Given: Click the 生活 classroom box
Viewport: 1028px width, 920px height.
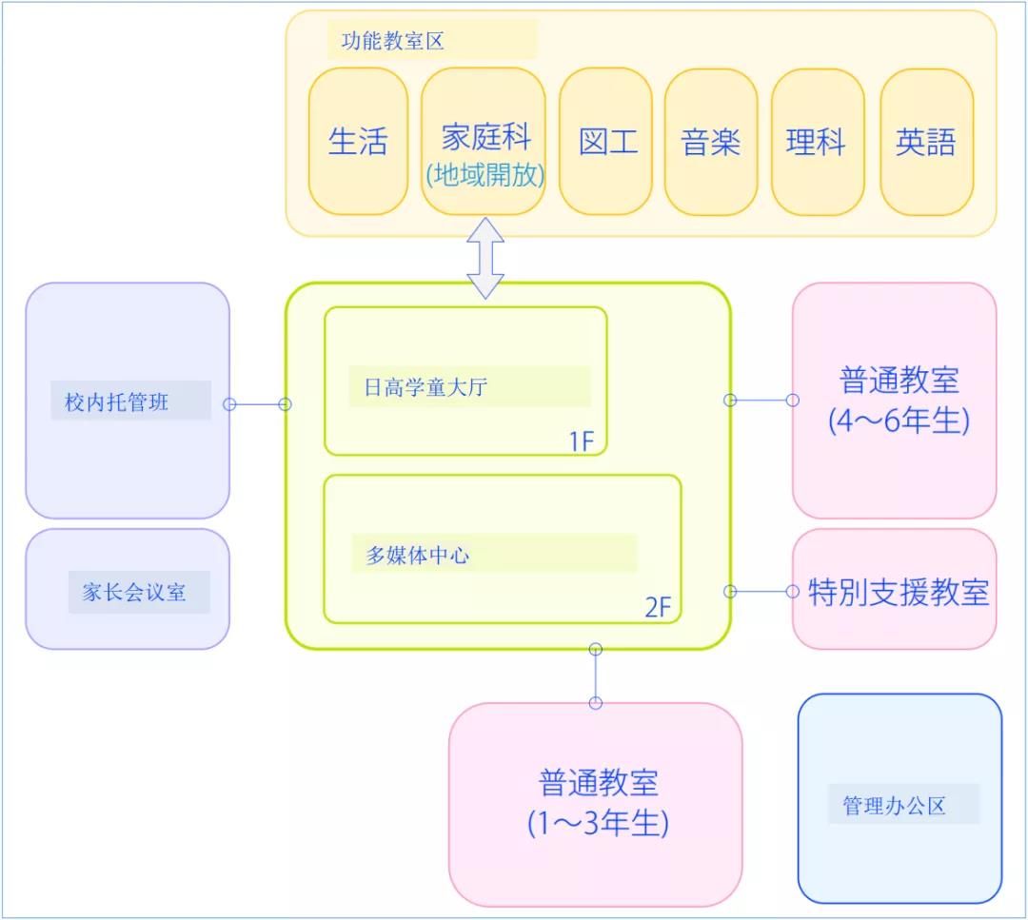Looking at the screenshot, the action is (x=358, y=141).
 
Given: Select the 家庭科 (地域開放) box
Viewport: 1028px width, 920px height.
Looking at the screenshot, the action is (x=484, y=141).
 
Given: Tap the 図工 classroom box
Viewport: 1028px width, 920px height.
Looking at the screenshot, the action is (x=605, y=141).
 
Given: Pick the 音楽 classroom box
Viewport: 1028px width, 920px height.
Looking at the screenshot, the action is (x=711, y=142).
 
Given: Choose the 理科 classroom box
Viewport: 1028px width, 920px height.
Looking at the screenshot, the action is (x=818, y=142).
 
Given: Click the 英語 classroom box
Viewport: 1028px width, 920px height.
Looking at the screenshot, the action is (x=926, y=142).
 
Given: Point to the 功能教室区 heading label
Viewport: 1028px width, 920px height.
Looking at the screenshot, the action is (x=393, y=41).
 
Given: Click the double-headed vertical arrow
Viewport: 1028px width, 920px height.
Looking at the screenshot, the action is (x=485, y=258).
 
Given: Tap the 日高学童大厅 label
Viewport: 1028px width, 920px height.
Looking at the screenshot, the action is (x=426, y=386).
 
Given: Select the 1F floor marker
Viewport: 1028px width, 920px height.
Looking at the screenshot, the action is (x=582, y=441).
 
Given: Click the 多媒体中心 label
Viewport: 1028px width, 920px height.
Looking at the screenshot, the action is (x=418, y=555).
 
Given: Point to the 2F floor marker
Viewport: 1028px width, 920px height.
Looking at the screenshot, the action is (x=658, y=607).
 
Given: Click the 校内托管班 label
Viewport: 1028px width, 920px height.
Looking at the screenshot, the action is (x=117, y=401).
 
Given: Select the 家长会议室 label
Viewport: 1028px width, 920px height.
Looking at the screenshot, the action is (x=134, y=592).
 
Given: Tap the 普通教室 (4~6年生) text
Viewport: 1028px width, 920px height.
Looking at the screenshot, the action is (x=899, y=400).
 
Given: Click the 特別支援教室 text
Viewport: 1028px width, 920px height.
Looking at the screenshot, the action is (x=899, y=592).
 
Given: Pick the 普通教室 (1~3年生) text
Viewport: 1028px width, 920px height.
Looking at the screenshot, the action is (x=598, y=803).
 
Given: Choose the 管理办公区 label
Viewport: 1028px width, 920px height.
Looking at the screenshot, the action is (x=894, y=805).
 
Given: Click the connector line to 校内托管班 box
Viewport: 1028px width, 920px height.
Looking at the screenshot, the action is (x=257, y=404).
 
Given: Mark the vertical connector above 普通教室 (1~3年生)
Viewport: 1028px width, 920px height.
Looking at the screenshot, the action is (x=595, y=676).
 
